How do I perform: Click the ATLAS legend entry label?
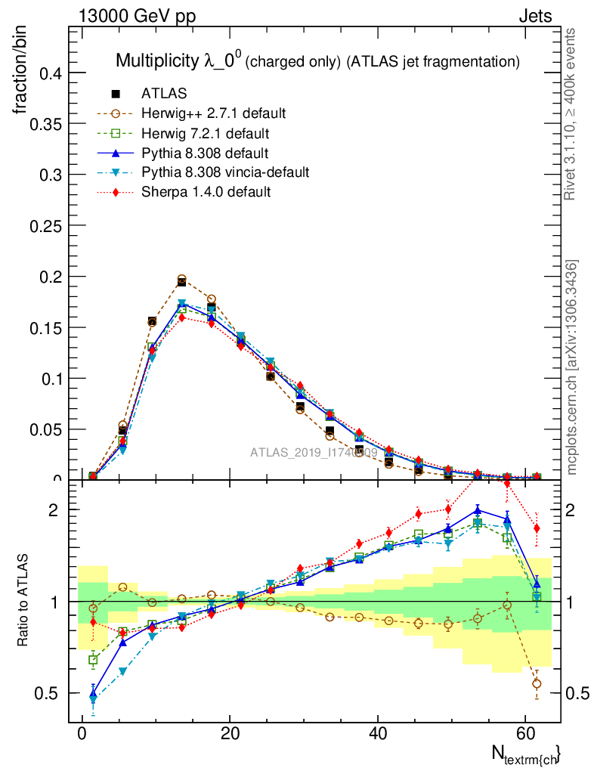click(x=164, y=94)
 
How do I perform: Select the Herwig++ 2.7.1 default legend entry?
click(x=213, y=113)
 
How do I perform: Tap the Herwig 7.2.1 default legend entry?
click(x=205, y=133)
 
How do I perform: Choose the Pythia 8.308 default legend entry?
click(x=205, y=153)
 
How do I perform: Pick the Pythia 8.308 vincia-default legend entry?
click(x=225, y=172)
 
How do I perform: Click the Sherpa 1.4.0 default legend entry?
click(x=206, y=192)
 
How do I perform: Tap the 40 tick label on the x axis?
click(x=379, y=735)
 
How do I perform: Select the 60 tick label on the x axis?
click(x=527, y=735)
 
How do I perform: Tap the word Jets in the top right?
click(x=535, y=16)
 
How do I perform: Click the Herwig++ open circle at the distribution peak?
click(x=181, y=280)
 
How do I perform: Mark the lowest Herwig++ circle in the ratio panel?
click(x=537, y=684)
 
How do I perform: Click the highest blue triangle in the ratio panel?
click(x=478, y=510)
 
